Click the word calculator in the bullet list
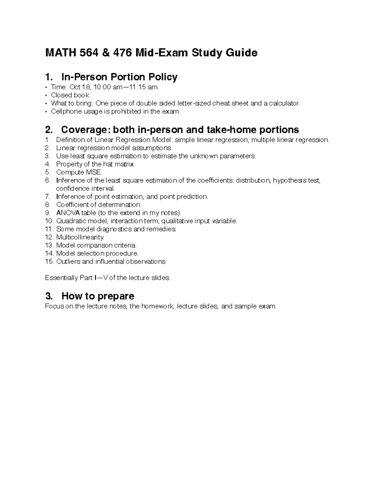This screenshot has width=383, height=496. (x=284, y=103)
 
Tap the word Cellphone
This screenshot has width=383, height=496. (x=64, y=111)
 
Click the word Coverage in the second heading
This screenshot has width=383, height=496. (x=83, y=130)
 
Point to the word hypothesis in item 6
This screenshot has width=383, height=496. (x=290, y=180)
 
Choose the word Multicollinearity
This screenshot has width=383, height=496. (x=80, y=237)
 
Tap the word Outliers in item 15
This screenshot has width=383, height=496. (x=68, y=262)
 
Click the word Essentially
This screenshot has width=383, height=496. (x=61, y=278)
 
